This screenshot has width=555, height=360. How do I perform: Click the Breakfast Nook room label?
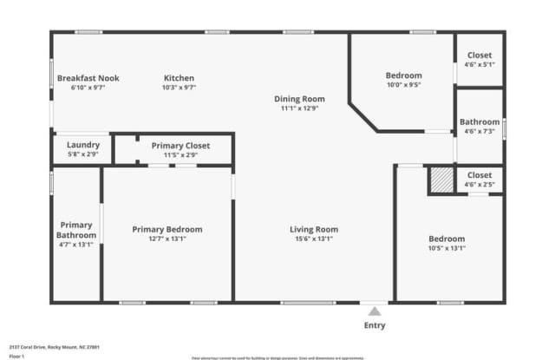tap(88, 78)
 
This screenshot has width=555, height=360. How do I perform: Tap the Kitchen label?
tap(179, 78)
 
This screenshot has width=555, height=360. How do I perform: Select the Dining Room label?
tap(299, 99)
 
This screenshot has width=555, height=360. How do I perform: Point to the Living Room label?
tap(314, 229)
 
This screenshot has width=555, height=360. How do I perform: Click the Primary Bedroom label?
tap(166, 229)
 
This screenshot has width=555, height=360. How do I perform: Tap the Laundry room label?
tap(83, 145)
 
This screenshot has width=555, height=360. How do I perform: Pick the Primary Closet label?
tap(180, 146)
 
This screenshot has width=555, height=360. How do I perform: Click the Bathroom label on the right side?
tap(480, 122)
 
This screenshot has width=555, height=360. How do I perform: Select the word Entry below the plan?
tap(375, 325)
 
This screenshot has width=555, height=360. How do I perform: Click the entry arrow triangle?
tap(375, 310)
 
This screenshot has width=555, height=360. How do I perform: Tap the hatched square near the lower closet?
tap(442, 180)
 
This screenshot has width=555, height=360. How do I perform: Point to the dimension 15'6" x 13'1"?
tap(314, 239)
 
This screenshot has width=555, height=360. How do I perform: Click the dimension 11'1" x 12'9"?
tap(299, 108)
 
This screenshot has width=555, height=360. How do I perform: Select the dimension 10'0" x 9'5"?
tap(404, 85)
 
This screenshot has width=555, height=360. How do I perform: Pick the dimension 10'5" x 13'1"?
tap(447, 248)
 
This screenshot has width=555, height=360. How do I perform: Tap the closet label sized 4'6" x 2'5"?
tap(479, 175)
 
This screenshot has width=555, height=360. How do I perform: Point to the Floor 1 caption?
tap(17, 356)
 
